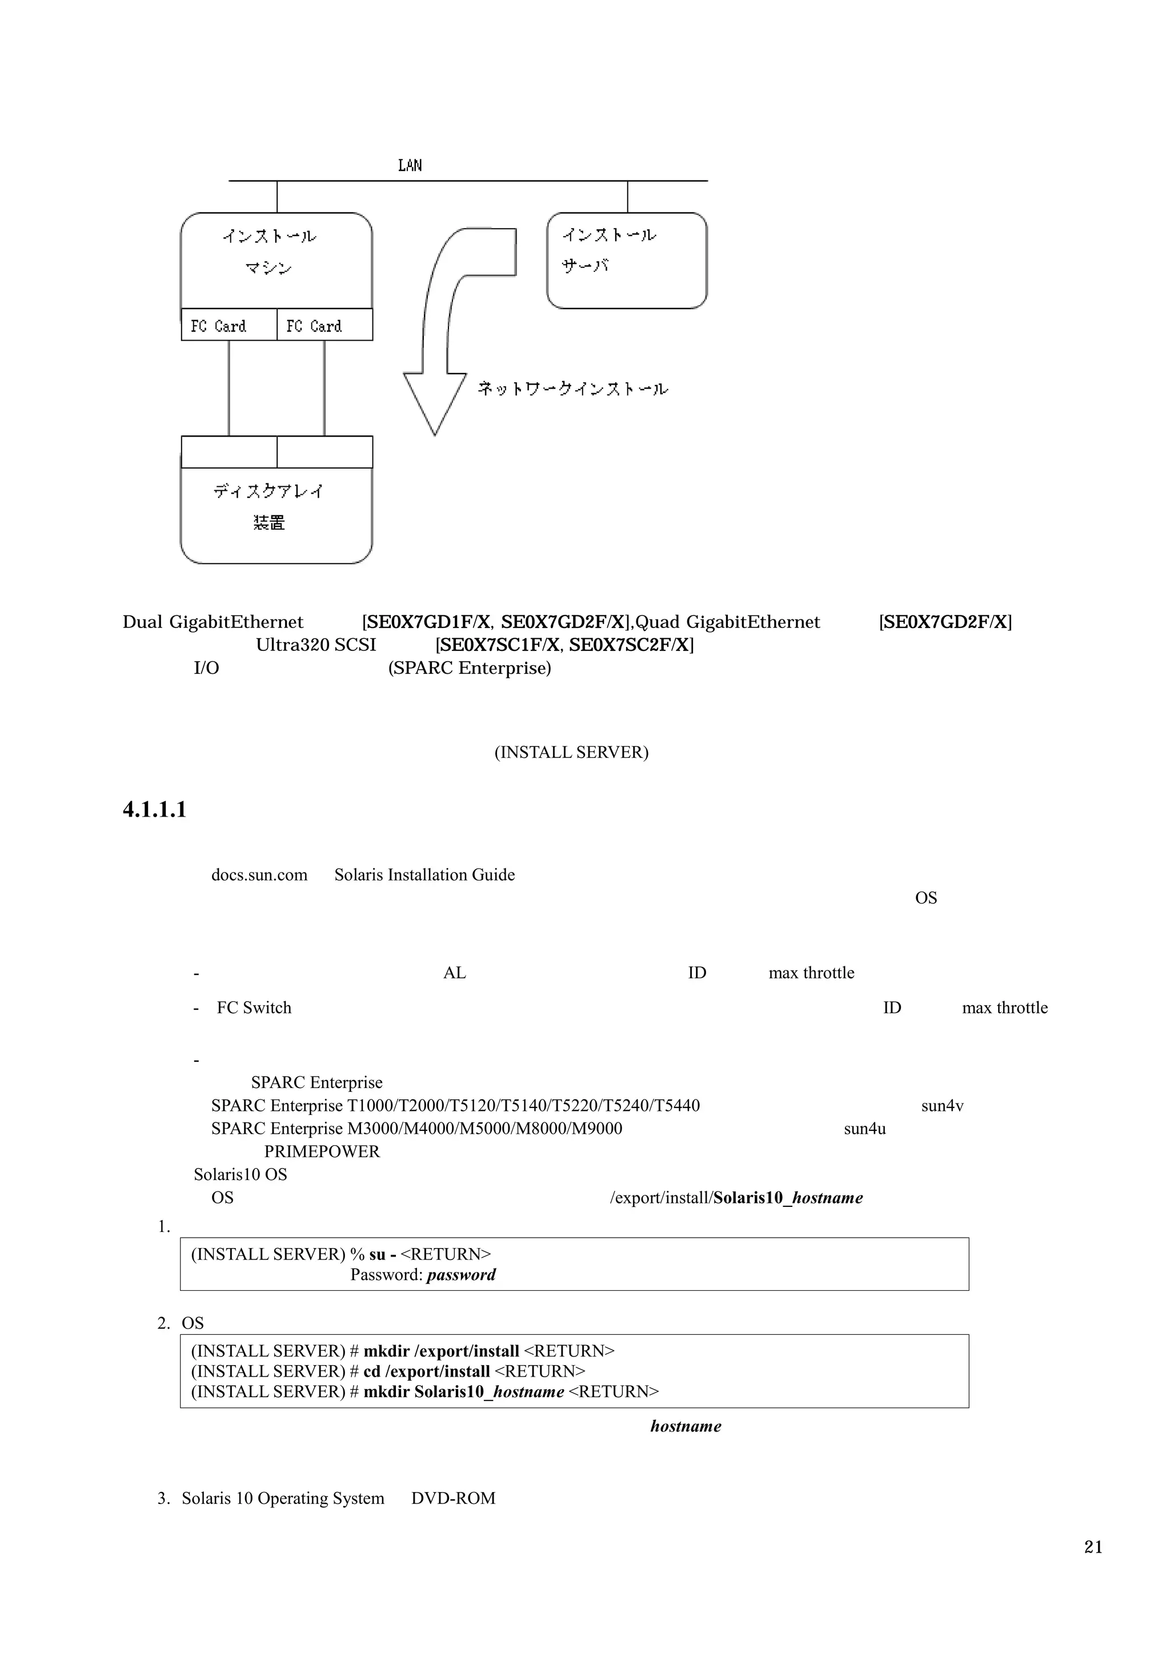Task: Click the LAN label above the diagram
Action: point(410,165)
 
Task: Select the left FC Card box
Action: point(229,325)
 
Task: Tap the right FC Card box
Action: point(324,325)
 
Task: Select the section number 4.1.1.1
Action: point(154,809)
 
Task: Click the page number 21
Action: point(1093,1546)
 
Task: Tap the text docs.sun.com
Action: point(259,875)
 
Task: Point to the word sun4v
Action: point(942,1106)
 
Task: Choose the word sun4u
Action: point(864,1129)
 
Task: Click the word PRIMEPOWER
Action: point(322,1152)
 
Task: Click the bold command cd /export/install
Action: point(427,1371)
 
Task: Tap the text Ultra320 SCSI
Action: point(316,645)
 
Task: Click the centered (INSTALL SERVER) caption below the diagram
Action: point(571,752)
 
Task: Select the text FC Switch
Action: point(254,1007)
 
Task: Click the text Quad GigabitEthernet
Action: point(727,622)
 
